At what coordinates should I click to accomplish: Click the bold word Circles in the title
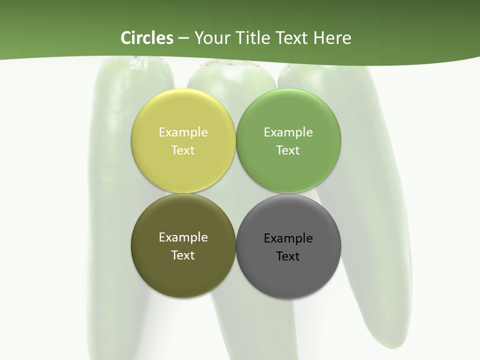[x=147, y=38]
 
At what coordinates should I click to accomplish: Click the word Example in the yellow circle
[x=183, y=132]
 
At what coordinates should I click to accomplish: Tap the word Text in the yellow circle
[x=183, y=150]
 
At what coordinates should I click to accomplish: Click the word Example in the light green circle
[x=288, y=132]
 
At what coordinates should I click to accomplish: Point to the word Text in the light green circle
[x=288, y=150]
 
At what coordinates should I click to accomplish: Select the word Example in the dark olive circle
[x=183, y=237]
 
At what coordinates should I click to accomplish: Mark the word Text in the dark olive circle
[x=183, y=255]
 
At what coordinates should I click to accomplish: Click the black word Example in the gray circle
[x=288, y=238]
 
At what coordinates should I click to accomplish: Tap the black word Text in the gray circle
[x=288, y=256]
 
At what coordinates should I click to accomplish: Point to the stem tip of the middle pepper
[x=230, y=64]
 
